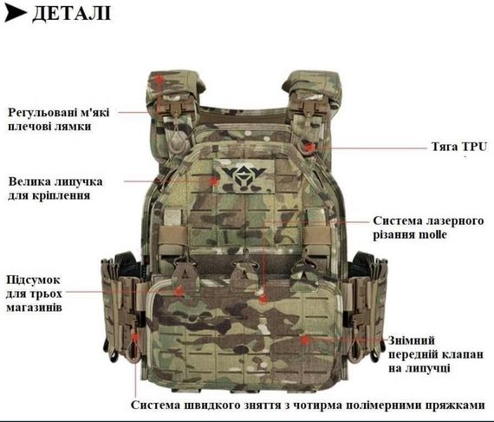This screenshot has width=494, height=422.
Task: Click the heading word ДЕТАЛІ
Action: [x=72, y=14]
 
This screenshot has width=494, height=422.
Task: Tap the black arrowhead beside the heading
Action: [x=16, y=14]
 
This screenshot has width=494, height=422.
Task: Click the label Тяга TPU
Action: [x=459, y=147]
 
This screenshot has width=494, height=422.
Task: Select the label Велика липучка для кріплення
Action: [x=55, y=188]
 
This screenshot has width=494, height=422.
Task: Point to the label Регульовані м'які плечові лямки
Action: [x=59, y=119]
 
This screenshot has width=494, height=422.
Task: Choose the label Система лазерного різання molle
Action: [x=428, y=227]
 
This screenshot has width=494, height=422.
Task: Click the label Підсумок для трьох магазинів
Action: [x=34, y=293]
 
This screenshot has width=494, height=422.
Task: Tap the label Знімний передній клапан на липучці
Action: [x=435, y=354]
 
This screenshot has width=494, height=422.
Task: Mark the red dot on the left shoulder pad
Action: [x=160, y=79]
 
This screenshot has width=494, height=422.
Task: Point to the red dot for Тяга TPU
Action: [x=309, y=147]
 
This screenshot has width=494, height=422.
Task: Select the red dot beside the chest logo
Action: [x=215, y=181]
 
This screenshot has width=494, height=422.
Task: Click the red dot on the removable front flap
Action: [x=304, y=340]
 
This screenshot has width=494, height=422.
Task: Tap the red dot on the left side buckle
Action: [x=135, y=338]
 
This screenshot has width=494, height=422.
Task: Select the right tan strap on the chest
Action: [x=316, y=235]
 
